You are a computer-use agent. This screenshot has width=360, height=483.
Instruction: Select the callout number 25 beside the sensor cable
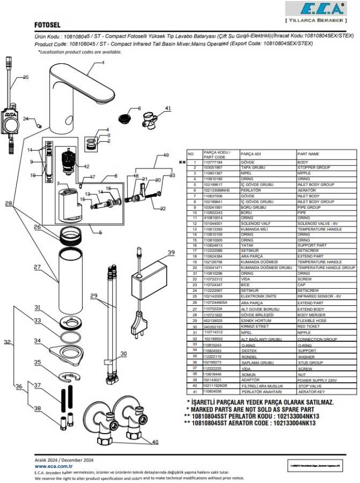26,77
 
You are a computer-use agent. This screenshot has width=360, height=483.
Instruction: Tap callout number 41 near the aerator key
168,109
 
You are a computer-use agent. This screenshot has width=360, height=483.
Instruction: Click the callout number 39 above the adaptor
171,252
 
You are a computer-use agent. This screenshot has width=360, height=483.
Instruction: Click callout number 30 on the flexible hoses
123,353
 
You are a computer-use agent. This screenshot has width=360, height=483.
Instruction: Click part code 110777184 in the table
214,162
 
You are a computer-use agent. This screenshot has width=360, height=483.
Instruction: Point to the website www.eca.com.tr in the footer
53,467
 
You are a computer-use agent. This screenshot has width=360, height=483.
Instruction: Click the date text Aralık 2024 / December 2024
64,460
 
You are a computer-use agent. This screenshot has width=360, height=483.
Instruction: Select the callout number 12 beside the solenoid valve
86,166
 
